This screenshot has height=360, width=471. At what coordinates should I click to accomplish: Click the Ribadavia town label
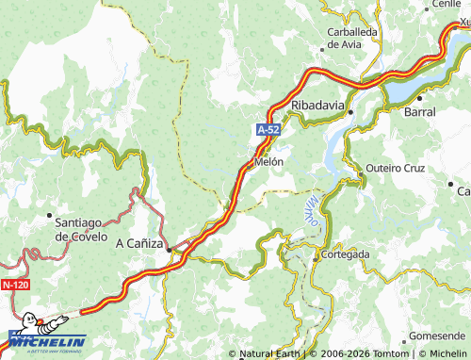click(x=319, y=105)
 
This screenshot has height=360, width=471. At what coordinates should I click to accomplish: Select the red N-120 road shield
click(x=14, y=284)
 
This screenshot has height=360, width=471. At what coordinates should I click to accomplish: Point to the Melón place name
click(x=268, y=162)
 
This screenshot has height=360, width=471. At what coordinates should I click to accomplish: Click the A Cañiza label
click(x=138, y=242)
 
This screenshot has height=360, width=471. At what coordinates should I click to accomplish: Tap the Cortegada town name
click(x=345, y=254)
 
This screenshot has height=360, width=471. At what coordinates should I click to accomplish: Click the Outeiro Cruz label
click(x=395, y=169)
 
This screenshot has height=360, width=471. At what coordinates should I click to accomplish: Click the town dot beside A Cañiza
click(x=169, y=250)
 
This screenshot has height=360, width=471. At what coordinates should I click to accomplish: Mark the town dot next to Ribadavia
click(x=350, y=112)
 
